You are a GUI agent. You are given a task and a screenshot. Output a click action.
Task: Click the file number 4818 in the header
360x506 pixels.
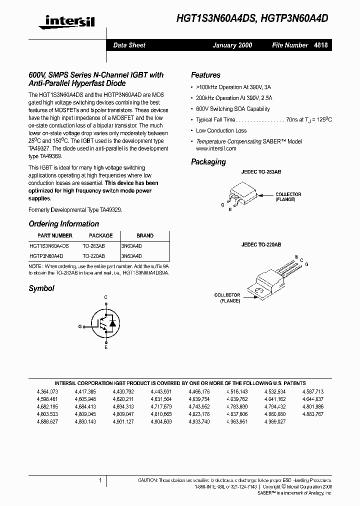[321, 45]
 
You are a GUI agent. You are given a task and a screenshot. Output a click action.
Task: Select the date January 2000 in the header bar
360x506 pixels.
[232, 45]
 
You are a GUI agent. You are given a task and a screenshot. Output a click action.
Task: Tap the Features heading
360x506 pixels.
[205, 75]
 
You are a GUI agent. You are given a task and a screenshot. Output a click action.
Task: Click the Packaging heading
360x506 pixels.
[208, 161]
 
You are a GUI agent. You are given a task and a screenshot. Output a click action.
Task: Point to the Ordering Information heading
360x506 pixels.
[63, 224]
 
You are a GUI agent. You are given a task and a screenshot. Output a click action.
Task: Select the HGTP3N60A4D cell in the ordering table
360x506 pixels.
[46, 255]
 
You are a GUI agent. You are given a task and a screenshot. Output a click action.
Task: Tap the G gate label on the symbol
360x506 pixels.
[80, 325]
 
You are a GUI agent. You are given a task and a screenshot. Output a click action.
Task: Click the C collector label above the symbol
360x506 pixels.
[105, 297]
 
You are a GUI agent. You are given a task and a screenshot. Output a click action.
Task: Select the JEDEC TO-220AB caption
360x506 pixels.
[261, 245]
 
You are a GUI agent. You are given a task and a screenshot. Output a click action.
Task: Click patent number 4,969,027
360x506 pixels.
[274, 421]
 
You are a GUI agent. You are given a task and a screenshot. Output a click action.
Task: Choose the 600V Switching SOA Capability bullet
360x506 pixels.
[232, 109]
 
